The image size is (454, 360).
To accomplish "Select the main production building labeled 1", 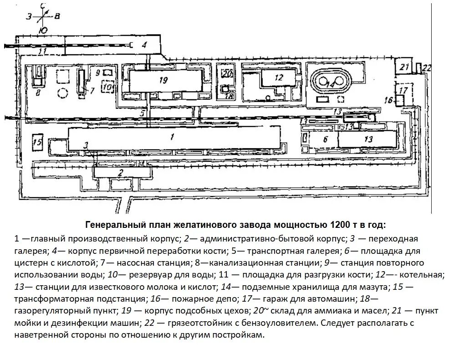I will click(x=173, y=138).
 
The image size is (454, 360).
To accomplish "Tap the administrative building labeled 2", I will click(x=121, y=172).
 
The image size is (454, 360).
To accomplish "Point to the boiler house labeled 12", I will click(x=279, y=78).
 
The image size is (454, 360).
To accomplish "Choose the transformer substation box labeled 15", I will click(x=38, y=143).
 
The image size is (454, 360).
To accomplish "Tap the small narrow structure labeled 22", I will click(x=418, y=68).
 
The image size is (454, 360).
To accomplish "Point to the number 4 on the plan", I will click(x=144, y=44).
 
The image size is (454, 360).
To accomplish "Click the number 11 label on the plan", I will click(x=43, y=51).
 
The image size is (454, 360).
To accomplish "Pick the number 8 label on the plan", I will click(x=38, y=92).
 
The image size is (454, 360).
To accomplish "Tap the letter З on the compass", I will click(x=29, y=16).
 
